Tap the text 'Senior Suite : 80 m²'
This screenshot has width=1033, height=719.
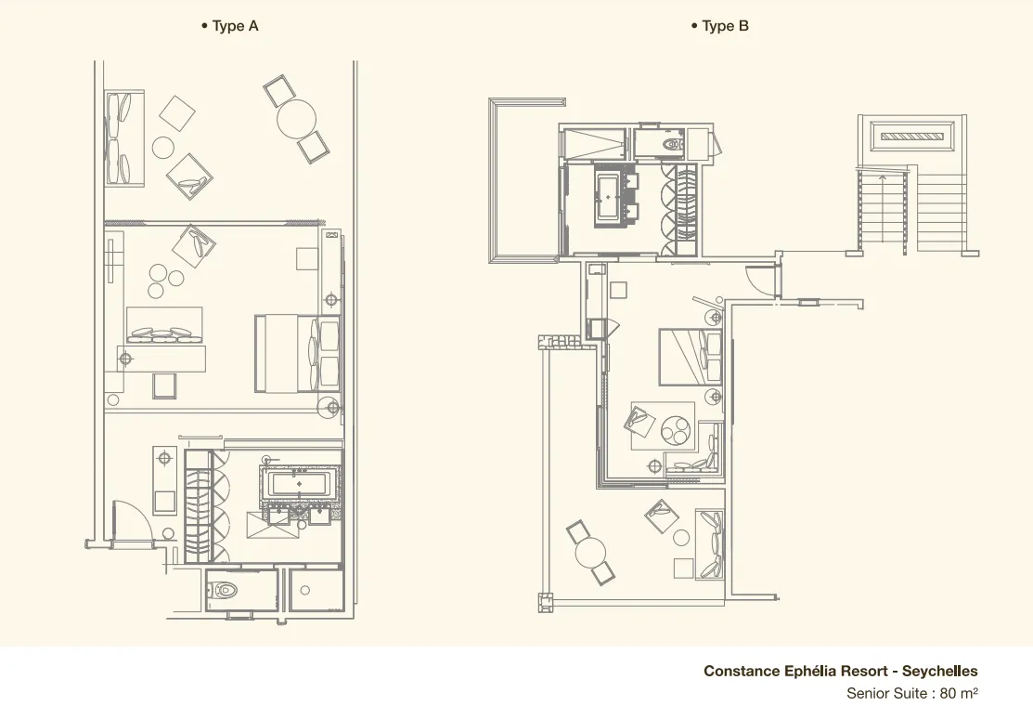click(x=911, y=693)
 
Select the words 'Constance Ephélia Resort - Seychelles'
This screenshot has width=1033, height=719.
click(x=841, y=671)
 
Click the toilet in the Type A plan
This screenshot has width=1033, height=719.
click(x=222, y=589)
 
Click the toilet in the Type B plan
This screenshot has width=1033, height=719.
click(x=672, y=143)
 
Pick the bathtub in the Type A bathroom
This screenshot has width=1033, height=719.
click(x=300, y=484)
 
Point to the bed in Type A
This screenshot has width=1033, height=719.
click(x=297, y=354)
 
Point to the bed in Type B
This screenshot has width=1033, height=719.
click(x=691, y=356)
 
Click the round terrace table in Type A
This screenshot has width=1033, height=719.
click(x=296, y=119)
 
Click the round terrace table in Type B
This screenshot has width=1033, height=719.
click(x=590, y=553)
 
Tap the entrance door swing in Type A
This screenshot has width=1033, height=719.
click(x=134, y=520)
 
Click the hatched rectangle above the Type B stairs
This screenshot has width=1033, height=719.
click(x=911, y=137)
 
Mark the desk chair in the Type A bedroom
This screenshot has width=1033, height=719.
click(x=164, y=386)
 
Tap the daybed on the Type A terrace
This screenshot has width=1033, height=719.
click(x=123, y=138)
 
